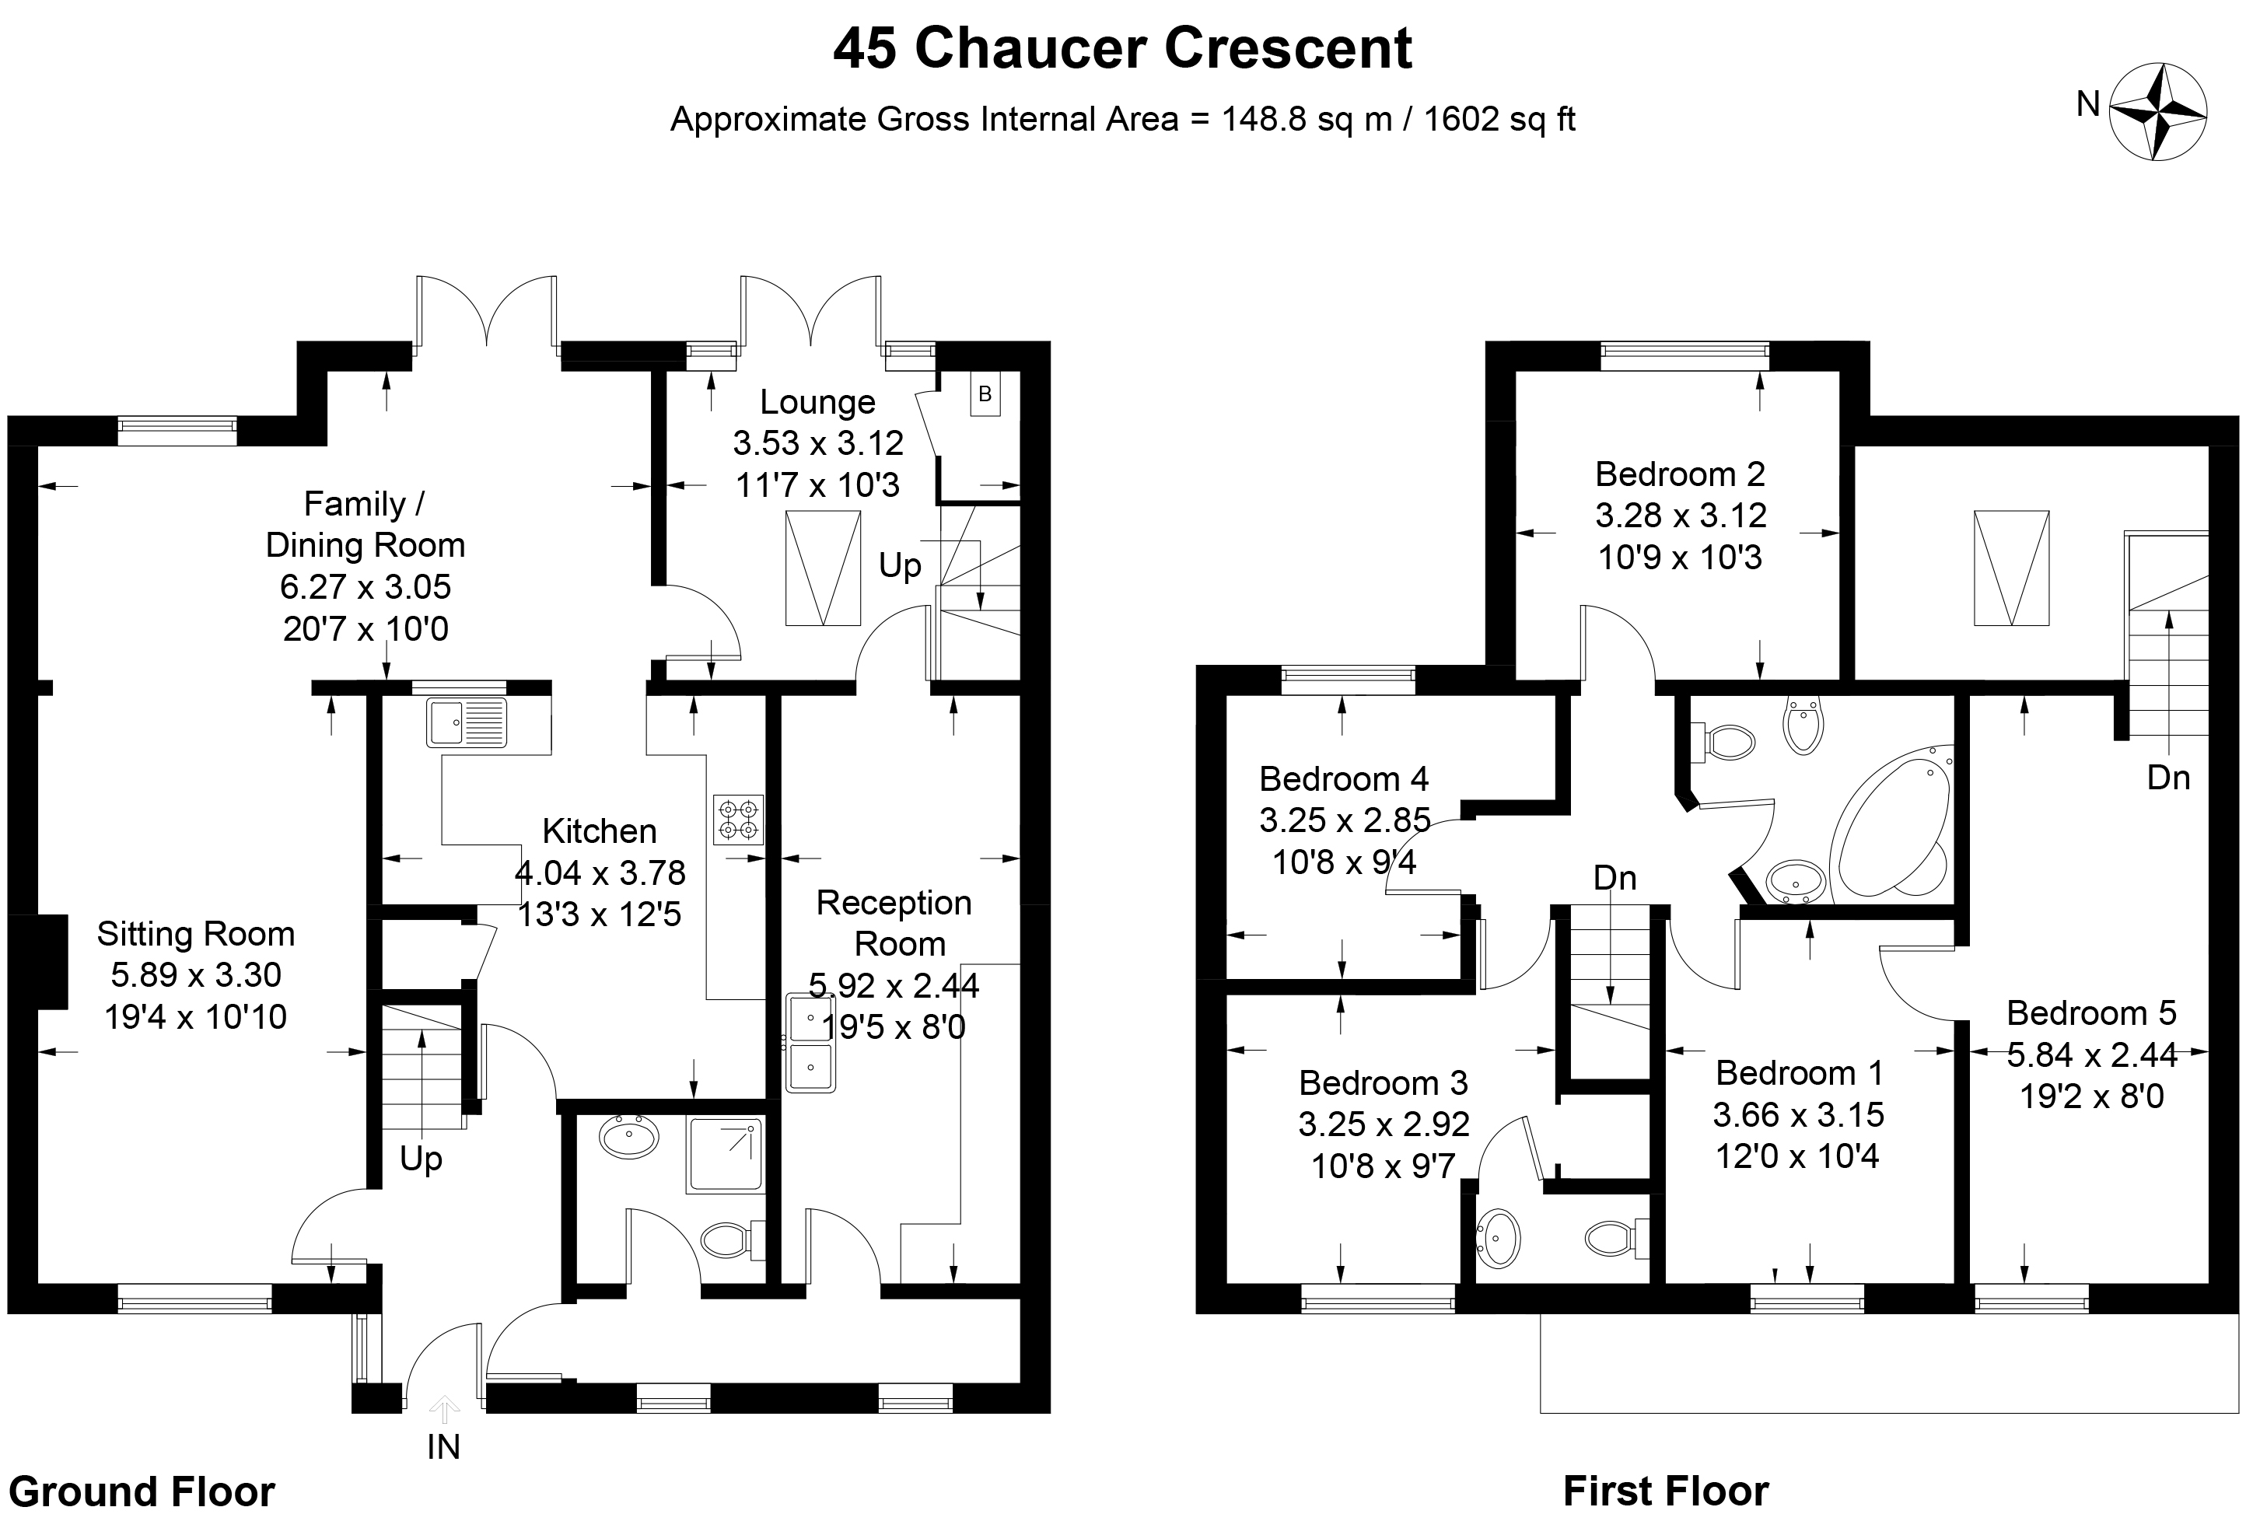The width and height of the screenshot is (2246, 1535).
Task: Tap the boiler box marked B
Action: click(985, 394)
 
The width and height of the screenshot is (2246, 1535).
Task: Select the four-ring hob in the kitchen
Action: click(738, 819)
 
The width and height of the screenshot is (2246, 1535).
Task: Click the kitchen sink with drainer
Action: click(467, 722)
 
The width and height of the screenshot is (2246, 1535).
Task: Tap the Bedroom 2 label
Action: click(1680, 474)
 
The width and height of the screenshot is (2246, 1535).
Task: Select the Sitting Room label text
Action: click(195, 934)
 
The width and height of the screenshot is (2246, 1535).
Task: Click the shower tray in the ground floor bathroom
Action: click(725, 1154)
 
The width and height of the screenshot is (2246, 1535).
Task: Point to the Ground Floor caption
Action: click(142, 1491)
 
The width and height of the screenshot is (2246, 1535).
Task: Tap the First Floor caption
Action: click(1665, 1491)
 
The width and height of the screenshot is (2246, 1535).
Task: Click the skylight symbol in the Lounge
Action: click(823, 568)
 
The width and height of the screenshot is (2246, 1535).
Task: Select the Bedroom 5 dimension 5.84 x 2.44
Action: click(2091, 1054)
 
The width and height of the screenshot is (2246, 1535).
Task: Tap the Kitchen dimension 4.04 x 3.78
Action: click(600, 872)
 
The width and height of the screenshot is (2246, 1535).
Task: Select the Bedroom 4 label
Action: click(1343, 778)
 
